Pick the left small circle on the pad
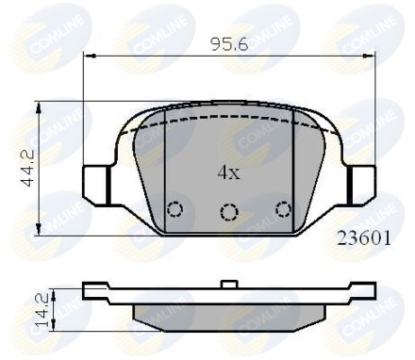(176, 210)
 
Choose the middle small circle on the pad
(230, 212)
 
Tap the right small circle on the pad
(284, 210)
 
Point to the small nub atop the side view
(230, 286)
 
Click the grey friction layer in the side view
(230, 311)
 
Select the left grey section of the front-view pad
(149, 171)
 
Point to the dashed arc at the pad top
(230, 117)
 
